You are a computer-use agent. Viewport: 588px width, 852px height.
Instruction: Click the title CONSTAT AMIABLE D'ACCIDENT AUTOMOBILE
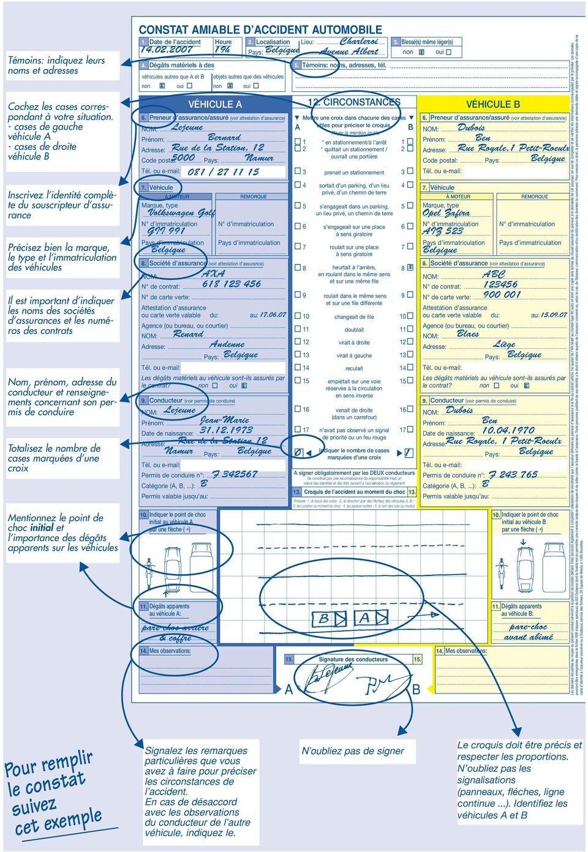click(x=260, y=29)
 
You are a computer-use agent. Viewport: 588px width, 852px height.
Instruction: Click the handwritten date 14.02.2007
click(x=167, y=50)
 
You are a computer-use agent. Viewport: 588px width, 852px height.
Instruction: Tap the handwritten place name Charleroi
click(x=359, y=42)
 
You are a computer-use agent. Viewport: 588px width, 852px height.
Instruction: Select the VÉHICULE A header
click(x=214, y=105)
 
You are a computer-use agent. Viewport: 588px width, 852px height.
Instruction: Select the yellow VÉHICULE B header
click(x=493, y=104)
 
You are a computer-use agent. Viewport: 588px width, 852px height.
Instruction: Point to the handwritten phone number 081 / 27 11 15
click(x=224, y=172)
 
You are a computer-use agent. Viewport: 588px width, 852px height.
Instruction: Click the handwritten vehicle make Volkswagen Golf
click(x=181, y=213)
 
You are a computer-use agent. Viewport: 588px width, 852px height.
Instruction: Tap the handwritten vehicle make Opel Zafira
click(x=447, y=213)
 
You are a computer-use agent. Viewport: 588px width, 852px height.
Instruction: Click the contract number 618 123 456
click(x=232, y=284)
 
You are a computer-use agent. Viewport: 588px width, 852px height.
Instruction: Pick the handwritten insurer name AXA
click(x=213, y=274)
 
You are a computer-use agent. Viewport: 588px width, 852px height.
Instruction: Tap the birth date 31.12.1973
click(x=226, y=430)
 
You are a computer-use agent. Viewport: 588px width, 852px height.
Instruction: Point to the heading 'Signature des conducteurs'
click(x=353, y=659)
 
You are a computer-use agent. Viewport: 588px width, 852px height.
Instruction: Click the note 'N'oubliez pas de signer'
click(x=353, y=751)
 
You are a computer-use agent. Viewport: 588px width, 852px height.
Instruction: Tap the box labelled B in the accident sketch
click(x=325, y=619)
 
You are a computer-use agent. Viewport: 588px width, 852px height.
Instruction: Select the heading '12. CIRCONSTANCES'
click(x=354, y=102)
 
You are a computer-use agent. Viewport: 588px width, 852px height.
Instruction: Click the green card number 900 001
click(x=502, y=295)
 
